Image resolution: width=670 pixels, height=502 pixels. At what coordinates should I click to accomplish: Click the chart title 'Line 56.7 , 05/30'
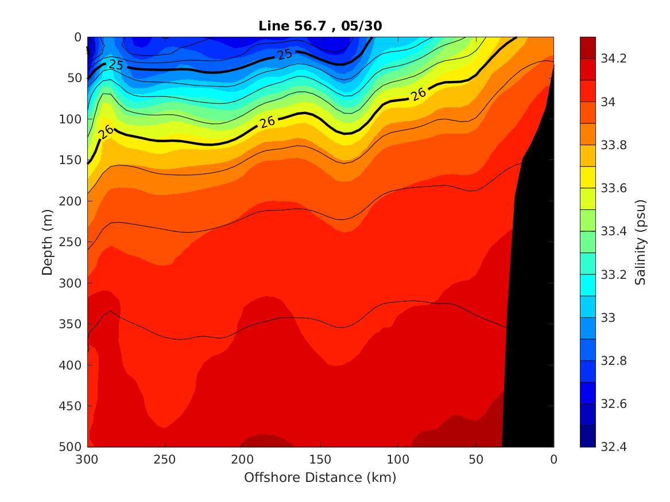pos(320,26)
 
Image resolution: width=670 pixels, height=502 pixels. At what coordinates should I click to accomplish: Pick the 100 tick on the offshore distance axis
pos(398,460)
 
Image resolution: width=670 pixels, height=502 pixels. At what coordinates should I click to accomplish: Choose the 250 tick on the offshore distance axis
pos(165,460)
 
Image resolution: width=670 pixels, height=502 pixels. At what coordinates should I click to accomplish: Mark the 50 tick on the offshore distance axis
pos(476,460)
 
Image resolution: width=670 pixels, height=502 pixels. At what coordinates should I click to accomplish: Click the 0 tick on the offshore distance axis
pos(553,460)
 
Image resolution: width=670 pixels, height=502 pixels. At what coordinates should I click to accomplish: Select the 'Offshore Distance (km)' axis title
pos(320,477)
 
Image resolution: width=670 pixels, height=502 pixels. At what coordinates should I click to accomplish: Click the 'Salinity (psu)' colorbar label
pos(641,242)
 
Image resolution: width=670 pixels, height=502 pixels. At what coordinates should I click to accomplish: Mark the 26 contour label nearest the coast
pos(419,94)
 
